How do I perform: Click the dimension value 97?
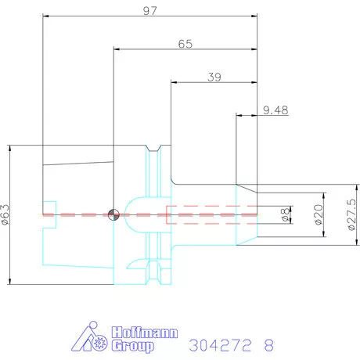[x=150, y=11]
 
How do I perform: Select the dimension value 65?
[x=185, y=44]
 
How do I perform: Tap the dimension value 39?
[x=214, y=77]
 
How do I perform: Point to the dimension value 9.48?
[x=275, y=110]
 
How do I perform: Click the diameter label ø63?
[x=5, y=214]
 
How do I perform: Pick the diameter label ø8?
[x=286, y=214]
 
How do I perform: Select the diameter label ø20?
[x=319, y=214]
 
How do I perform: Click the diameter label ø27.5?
[x=351, y=214]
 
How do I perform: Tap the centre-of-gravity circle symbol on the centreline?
[x=113, y=214]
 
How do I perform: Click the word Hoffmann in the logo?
[x=145, y=333]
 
